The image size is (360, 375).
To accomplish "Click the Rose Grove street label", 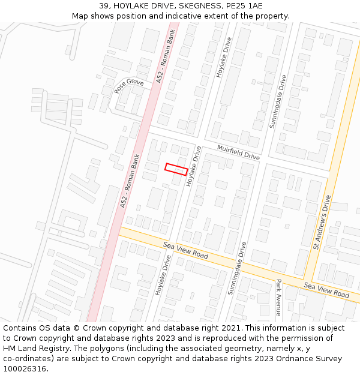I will point(129,86).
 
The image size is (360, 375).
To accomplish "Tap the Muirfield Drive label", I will point(238,152).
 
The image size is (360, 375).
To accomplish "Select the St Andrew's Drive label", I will point(322,222).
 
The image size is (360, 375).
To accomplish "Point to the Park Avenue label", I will point(278,297).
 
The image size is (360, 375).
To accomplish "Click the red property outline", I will point(176,169).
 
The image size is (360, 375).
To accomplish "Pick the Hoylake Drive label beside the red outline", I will point(194,166).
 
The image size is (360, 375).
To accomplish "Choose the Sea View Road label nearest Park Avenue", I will point(326,290).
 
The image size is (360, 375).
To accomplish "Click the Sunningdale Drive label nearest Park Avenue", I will point(235,268).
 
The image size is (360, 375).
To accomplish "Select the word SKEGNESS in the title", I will point(200,6).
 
